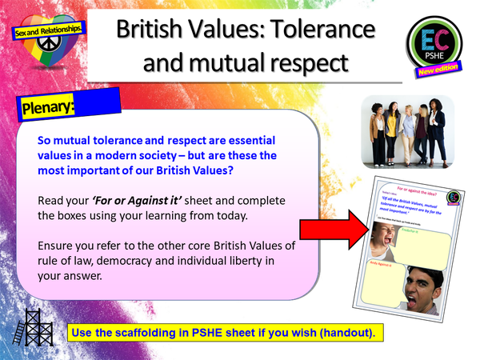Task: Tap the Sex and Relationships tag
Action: pyautogui.click(x=48, y=32)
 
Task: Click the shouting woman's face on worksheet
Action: pyautogui.click(x=387, y=241)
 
